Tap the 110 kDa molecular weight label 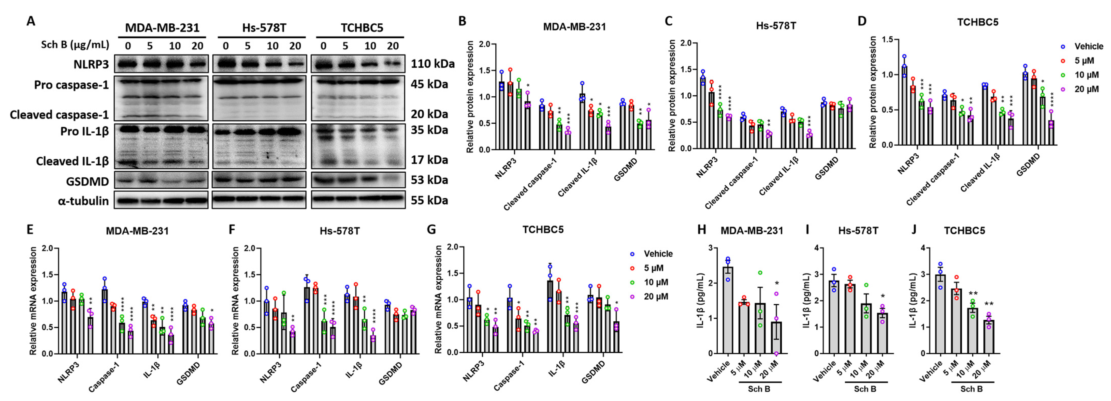point(432,64)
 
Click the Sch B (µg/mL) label point(75,45)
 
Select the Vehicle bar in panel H point(728,310)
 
